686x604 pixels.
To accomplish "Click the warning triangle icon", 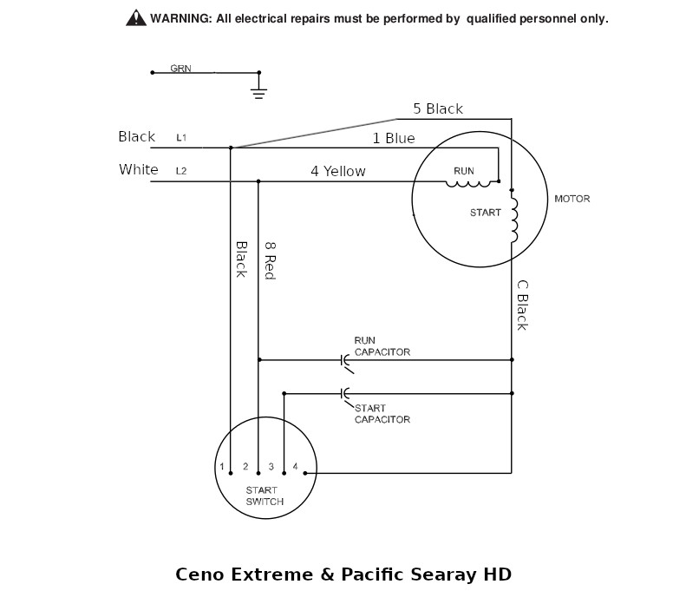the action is click(x=136, y=18).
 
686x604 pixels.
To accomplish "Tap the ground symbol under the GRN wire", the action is click(x=258, y=93).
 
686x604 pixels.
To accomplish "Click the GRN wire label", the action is click(x=180, y=69).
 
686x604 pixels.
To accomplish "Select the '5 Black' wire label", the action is click(x=438, y=108).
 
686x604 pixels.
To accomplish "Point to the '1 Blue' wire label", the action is click(x=394, y=138).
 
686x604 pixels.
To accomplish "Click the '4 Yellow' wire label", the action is click(x=338, y=171).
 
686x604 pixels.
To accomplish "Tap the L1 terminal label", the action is click(x=181, y=137).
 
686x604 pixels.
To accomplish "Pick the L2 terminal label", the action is click(x=181, y=171).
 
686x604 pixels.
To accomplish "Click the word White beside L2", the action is click(x=138, y=169).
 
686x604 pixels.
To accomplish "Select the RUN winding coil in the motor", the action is click(x=468, y=184).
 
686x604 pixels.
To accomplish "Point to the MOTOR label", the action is click(x=572, y=199).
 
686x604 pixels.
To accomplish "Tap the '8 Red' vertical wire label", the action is click(x=271, y=261).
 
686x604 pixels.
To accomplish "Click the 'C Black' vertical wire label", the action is click(x=522, y=305).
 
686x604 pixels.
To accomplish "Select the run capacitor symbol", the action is click(x=346, y=362).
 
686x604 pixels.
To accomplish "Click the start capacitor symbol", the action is click(x=346, y=395).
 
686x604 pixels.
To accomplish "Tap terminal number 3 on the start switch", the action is click(x=271, y=467).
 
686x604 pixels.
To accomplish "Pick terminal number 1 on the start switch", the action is click(x=222, y=467).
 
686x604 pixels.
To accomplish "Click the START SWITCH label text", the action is click(x=265, y=496).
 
